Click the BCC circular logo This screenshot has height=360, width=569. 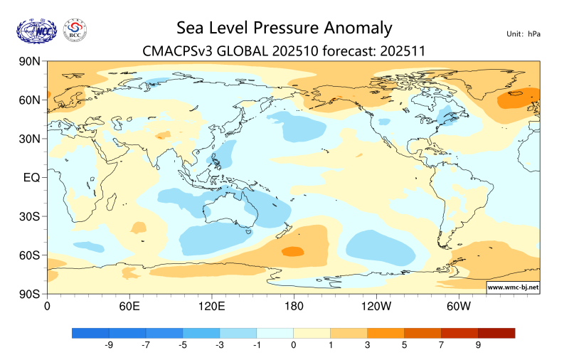click(x=75, y=31)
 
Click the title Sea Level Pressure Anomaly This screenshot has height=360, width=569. click(x=284, y=28)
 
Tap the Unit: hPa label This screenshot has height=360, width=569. click(x=523, y=33)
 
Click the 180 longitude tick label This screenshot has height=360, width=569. click(x=293, y=306)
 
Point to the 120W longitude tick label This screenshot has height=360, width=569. click(x=376, y=306)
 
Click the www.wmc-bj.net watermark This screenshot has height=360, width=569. click(x=512, y=287)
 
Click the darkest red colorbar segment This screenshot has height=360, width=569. click(x=496, y=333)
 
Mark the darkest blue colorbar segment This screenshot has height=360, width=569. click(x=90, y=333)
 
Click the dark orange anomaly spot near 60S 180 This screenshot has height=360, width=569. click(x=292, y=250)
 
